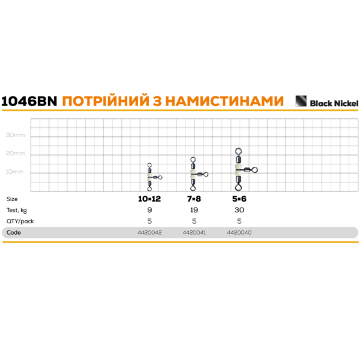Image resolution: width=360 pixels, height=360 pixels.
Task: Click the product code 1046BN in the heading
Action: click(29, 101)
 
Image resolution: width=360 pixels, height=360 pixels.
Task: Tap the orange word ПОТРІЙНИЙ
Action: click(106, 100)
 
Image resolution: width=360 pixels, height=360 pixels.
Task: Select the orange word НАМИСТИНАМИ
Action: click(224, 101)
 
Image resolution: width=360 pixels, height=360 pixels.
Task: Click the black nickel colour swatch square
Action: click(301, 101)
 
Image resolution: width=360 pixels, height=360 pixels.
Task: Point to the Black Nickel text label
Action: click(334, 104)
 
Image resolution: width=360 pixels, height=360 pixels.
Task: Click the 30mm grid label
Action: click(15, 135)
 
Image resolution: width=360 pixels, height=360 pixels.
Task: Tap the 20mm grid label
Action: click(15, 154)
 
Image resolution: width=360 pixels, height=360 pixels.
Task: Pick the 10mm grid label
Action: click(14, 172)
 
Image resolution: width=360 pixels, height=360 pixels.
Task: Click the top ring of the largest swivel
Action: click(238, 151)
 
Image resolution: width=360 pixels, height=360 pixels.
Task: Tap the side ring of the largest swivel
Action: click(254, 170)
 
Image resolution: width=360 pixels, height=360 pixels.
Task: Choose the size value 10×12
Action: click(149, 199)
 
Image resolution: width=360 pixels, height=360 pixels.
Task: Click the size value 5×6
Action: click(239, 199)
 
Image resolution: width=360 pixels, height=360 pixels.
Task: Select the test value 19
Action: click(194, 210)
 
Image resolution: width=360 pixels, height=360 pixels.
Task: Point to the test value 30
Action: click(239, 210)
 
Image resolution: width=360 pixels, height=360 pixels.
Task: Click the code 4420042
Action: click(149, 233)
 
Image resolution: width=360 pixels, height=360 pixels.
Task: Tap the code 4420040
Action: click(239, 233)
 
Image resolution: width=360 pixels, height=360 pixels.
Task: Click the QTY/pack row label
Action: click(20, 221)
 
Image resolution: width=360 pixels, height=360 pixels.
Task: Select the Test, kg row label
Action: click(17, 211)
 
